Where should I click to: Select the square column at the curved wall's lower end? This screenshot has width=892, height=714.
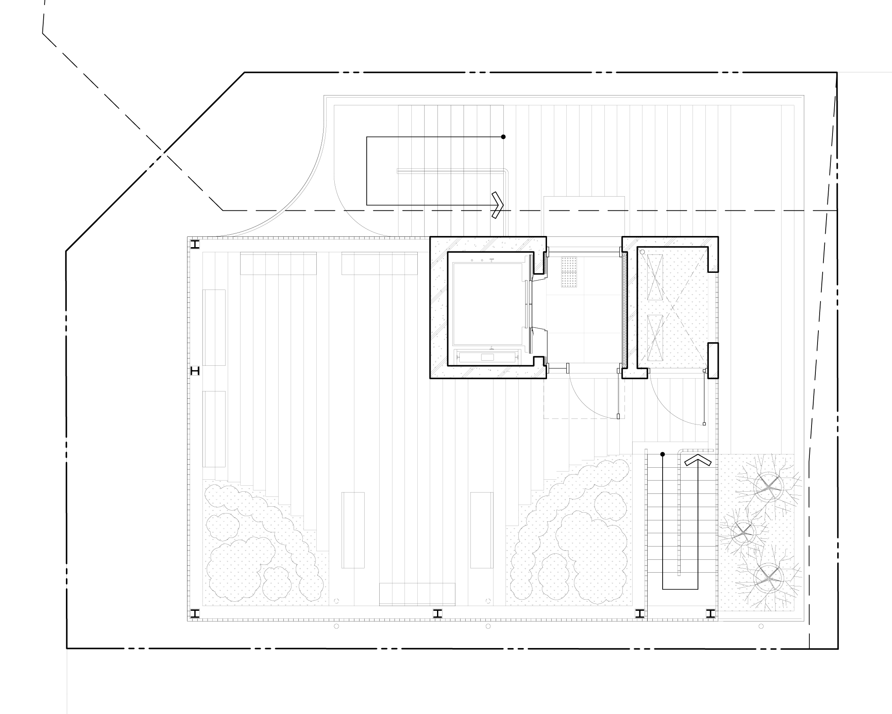(195, 245)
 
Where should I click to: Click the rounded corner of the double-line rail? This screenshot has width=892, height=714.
(505, 172)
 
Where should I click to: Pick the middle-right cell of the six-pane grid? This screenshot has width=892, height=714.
(604, 314)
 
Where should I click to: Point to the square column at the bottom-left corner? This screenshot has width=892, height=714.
(195, 614)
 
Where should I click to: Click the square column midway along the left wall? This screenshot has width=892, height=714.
(195, 370)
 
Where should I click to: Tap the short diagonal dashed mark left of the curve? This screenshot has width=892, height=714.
(155, 162)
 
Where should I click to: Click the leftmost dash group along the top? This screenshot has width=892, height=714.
(351, 72)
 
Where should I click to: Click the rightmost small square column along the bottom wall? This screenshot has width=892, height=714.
(711, 614)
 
